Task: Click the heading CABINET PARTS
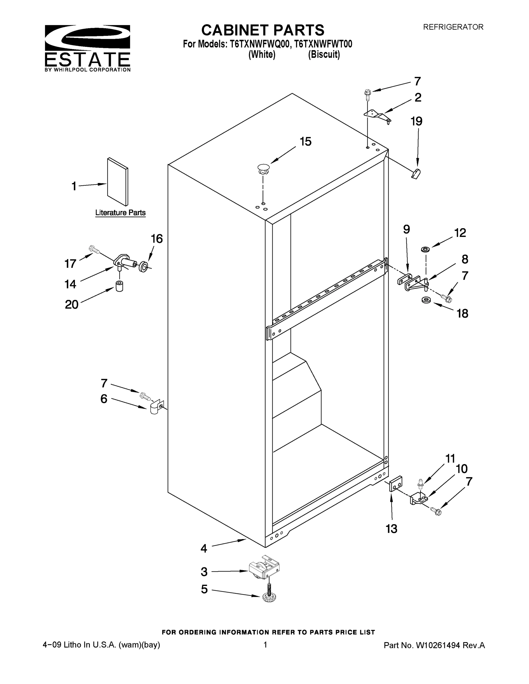pos(263,30)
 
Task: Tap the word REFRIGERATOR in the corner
pos(453,27)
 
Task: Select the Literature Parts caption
pos(120,213)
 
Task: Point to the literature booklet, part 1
pos(117,182)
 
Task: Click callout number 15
pos(305,142)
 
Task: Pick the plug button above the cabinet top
pos(264,169)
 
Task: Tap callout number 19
pos(416,121)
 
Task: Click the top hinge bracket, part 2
pos(378,115)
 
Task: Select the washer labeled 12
pos(425,250)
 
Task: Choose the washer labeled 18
pos(425,300)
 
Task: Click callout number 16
pos(157,239)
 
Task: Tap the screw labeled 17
pos(94,249)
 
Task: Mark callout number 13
pos(392,529)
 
